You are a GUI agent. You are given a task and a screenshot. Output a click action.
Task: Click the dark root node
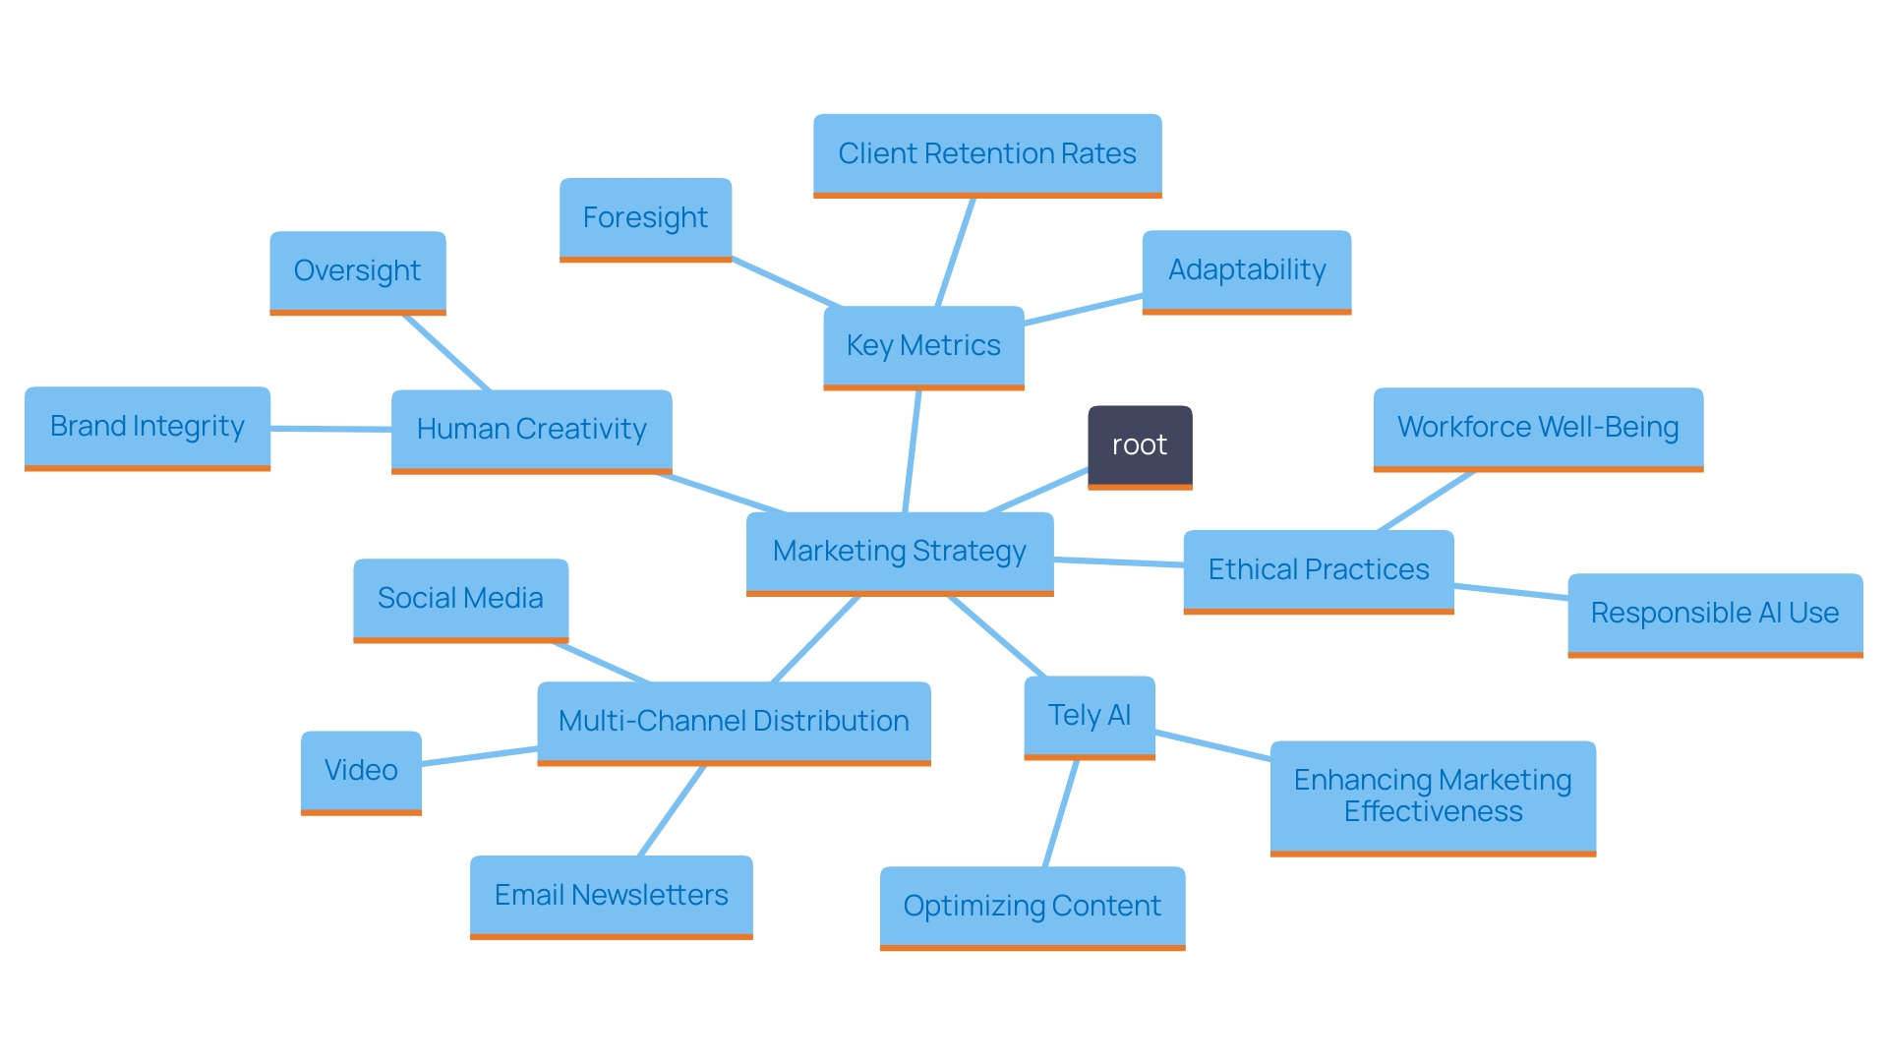1140,445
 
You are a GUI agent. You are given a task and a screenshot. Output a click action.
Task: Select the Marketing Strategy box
900,552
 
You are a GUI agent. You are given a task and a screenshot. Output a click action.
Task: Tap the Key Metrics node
923,346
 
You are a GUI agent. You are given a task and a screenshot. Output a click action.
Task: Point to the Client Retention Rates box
987,154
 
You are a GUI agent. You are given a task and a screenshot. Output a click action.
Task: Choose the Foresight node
645,218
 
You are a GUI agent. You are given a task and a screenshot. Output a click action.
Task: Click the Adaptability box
1247,270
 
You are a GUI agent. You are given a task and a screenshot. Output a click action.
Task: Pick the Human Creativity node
531,430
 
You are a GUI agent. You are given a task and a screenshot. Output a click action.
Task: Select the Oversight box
357,271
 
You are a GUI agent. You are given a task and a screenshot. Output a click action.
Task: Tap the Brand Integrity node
147,427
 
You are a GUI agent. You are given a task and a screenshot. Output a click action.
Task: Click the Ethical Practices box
1319,570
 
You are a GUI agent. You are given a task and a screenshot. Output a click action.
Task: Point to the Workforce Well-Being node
1538,428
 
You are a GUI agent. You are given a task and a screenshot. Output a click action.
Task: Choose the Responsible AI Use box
1715,614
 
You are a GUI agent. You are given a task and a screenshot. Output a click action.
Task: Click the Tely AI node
1090,716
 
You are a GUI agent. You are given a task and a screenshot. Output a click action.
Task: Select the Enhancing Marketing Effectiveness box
1433,796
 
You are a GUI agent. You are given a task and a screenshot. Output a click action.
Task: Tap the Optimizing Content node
1032,907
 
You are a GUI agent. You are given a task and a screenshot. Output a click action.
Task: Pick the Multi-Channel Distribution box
734,722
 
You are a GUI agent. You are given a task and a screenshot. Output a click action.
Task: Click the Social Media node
460,599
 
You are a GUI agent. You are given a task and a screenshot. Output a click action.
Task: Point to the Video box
361,771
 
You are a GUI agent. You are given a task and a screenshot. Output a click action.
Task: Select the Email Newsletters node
611,896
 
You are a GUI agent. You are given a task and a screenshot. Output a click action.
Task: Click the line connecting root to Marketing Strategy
1037,491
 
